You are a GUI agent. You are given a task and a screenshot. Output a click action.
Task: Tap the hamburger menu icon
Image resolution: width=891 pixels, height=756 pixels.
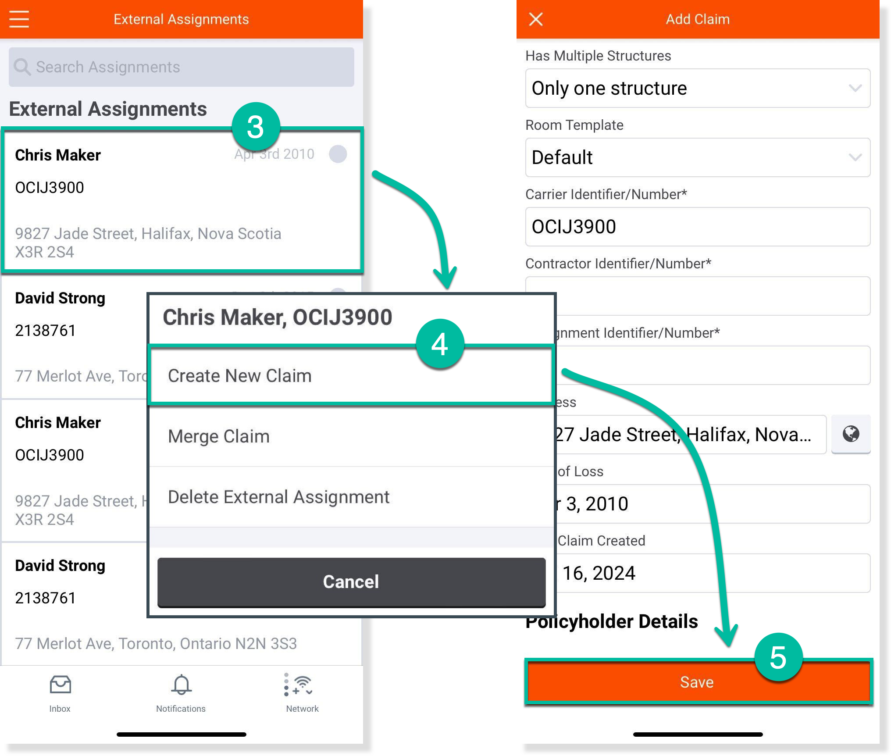pos(19,19)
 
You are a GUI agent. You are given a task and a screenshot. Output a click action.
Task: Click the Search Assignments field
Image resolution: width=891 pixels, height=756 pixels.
pos(181,67)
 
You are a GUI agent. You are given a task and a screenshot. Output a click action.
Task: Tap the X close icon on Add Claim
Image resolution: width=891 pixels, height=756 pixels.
pos(535,19)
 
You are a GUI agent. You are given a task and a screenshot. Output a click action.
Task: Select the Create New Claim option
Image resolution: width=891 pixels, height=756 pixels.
pos(351,376)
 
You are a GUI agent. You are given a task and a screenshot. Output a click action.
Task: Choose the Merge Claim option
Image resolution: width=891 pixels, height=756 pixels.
pos(351,437)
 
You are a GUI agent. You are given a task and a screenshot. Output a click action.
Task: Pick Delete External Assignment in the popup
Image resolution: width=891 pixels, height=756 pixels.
pos(351,497)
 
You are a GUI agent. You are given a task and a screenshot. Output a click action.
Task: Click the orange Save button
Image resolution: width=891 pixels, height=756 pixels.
pos(697,682)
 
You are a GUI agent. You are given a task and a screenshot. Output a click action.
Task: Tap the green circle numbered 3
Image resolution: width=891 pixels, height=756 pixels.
pos(256,127)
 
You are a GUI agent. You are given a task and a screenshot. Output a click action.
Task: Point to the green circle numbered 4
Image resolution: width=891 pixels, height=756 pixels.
pos(440,344)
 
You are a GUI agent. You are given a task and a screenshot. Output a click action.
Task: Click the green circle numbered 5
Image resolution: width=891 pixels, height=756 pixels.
pos(778,657)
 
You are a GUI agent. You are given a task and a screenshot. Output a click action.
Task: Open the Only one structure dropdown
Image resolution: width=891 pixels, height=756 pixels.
pos(697,89)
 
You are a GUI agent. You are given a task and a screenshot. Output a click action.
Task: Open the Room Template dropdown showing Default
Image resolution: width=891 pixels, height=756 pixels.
pos(697,158)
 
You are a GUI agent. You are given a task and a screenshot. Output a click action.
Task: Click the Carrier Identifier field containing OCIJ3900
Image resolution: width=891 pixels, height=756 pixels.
pos(697,227)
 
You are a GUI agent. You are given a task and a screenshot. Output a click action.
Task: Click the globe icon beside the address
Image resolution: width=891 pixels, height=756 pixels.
pos(851,434)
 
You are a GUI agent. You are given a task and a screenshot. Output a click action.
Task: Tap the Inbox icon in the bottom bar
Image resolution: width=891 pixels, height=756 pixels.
pos(60,685)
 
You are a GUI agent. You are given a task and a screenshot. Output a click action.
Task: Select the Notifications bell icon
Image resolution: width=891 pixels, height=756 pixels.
pos(181,685)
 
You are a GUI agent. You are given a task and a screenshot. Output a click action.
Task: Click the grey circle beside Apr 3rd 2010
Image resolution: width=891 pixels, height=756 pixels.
pos(338,154)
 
